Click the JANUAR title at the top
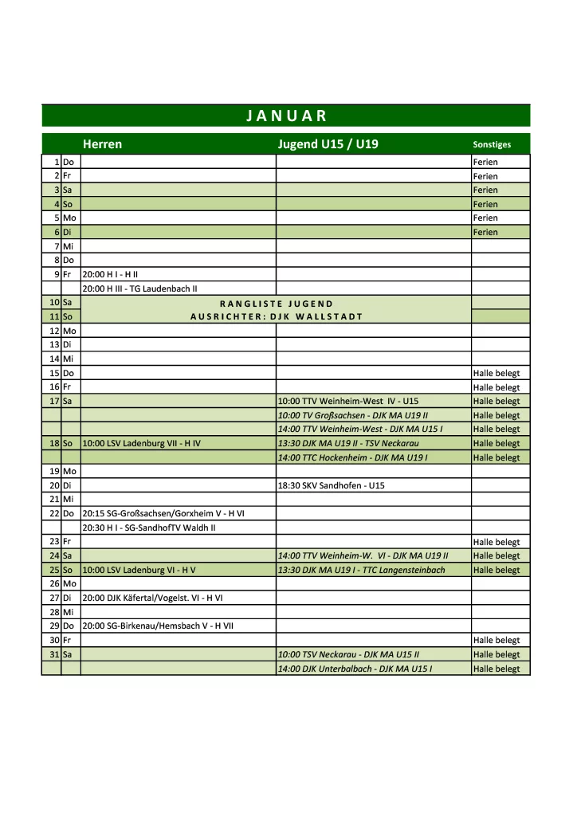[x=286, y=116]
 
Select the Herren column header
[x=102, y=144]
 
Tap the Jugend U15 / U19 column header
[x=328, y=144]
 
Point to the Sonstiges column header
[x=491, y=145]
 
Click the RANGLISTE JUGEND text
[x=276, y=303]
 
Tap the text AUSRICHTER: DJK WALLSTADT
[x=276, y=316]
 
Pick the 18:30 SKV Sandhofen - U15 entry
[x=331, y=485]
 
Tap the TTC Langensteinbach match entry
[x=361, y=570]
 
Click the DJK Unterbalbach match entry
[x=355, y=669]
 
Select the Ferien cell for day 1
[x=485, y=162]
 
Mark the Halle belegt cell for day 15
[x=496, y=373]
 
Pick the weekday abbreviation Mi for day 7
[x=68, y=246]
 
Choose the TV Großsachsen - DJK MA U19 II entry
[x=353, y=415]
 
